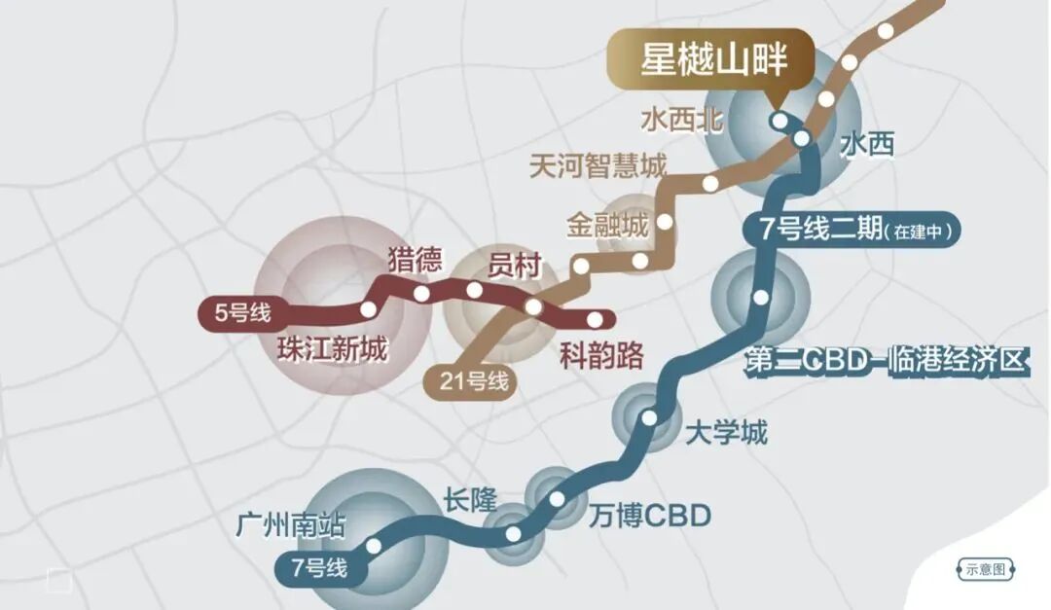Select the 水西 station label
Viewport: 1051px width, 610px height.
pos(866,146)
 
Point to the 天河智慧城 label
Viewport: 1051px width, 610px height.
pos(598,166)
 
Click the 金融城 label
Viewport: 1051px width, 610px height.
pos(606,227)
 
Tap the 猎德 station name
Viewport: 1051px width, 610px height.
pos(415,260)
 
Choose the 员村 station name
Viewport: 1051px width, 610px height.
pos(513,266)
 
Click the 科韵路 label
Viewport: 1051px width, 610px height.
pos(601,356)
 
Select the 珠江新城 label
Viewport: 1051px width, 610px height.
pos(332,348)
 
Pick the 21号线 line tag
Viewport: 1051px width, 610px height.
pos(473,381)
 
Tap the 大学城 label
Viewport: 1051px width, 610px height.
pos(726,431)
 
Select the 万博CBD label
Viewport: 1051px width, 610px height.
pos(650,515)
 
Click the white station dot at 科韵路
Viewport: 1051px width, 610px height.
pos(594,318)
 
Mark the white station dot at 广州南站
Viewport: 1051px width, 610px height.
pos(373,546)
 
